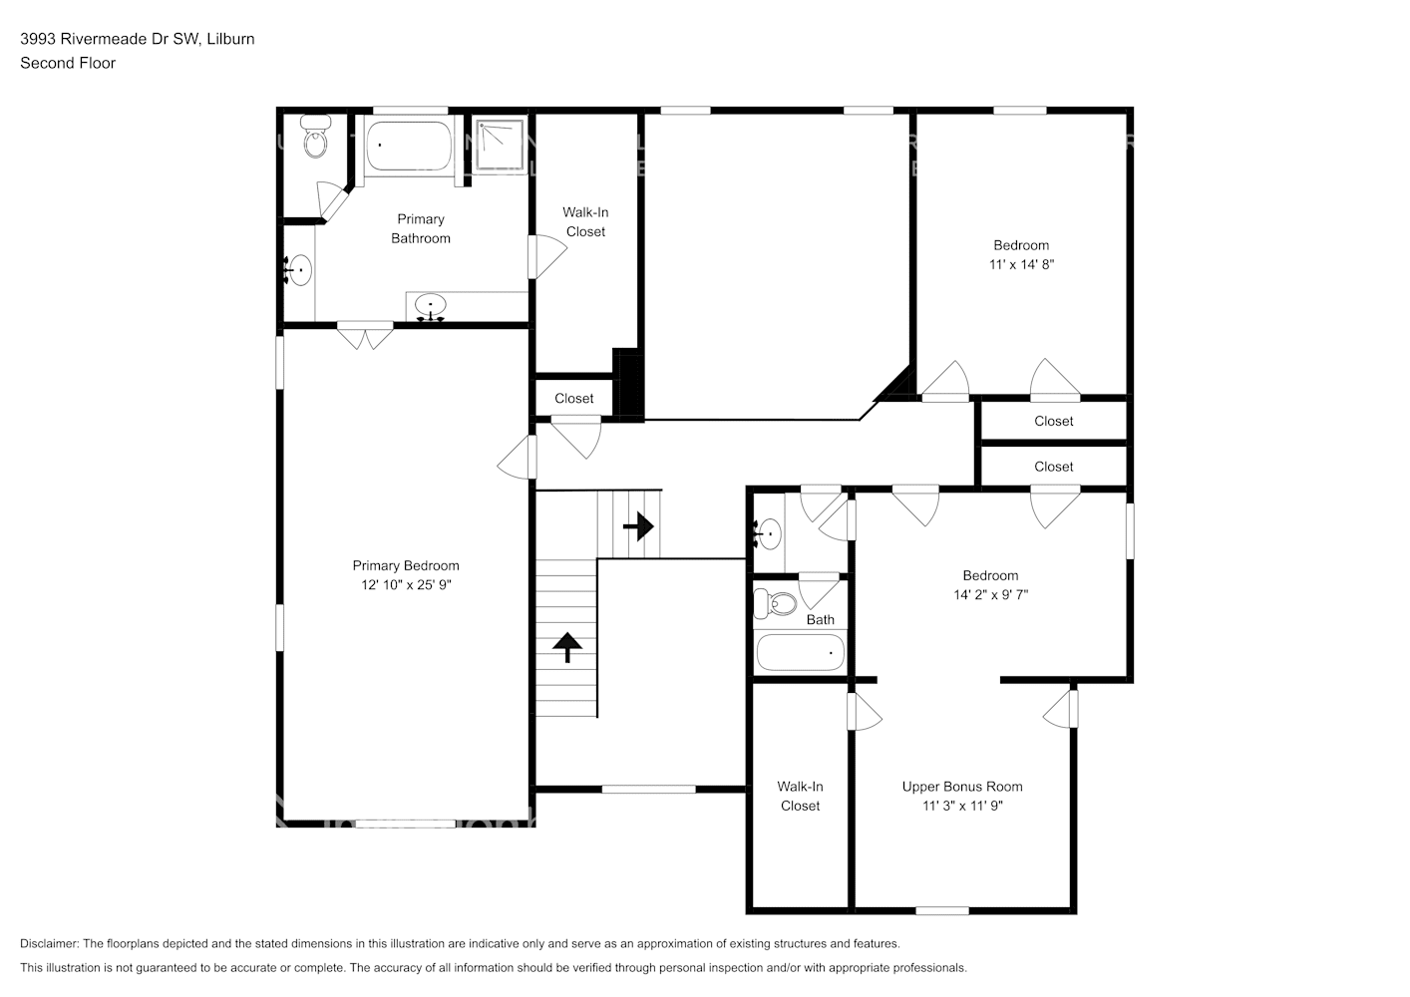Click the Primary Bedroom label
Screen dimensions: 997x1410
tap(406, 565)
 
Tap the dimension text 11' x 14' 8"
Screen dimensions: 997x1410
tap(1021, 264)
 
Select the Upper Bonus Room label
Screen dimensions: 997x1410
tap(962, 787)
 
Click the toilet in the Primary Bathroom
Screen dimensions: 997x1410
tap(316, 141)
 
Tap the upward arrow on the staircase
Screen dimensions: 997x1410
tap(567, 647)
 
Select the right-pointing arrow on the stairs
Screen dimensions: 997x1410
tap(638, 524)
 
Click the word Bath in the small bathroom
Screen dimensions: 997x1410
tap(821, 619)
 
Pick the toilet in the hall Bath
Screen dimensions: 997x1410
tap(776, 603)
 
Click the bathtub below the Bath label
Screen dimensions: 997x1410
tap(800, 653)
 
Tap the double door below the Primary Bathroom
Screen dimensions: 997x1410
tap(365, 336)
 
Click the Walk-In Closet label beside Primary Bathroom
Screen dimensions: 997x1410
tap(585, 221)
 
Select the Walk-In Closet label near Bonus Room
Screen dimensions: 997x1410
tap(800, 796)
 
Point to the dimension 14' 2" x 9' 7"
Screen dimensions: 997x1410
tap(990, 594)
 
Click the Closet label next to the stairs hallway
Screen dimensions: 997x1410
tap(574, 398)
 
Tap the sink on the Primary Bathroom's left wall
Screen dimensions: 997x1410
tap(298, 270)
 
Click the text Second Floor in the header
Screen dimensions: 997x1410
tap(68, 63)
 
